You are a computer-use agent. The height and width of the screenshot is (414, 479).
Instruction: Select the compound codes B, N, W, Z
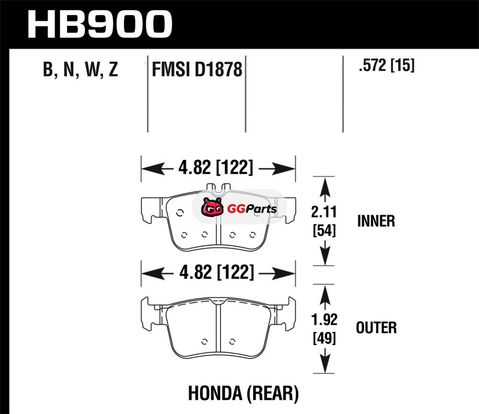(80, 70)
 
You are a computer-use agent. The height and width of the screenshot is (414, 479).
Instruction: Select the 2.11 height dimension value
(323, 211)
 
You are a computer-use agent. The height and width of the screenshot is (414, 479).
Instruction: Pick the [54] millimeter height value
(323, 230)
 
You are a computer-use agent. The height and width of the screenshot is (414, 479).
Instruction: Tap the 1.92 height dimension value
(323, 319)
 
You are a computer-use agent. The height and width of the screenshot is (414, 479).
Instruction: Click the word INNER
(376, 221)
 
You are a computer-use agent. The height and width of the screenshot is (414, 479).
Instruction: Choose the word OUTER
(376, 328)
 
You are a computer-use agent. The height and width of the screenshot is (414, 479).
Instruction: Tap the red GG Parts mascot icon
(211, 208)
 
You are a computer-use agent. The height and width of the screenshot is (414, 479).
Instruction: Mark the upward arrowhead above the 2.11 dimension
(323, 186)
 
